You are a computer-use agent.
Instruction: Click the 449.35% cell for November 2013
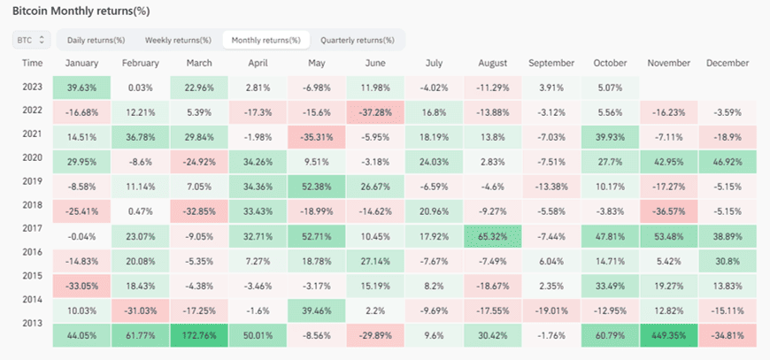click(668, 335)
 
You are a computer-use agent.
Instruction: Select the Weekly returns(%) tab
click(178, 40)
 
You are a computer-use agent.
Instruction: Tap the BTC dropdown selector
click(31, 40)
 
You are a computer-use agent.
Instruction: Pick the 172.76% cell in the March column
click(199, 335)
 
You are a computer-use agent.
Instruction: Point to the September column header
click(551, 64)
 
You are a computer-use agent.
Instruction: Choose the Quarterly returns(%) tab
click(358, 40)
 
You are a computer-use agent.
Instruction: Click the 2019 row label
click(33, 181)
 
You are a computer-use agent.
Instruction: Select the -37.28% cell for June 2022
click(375, 112)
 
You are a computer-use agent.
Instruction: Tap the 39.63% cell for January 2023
click(82, 88)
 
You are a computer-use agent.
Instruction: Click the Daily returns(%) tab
click(96, 40)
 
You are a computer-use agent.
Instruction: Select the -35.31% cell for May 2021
click(317, 138)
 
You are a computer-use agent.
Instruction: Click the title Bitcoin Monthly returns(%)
click(81, 11)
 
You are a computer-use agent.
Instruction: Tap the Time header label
click(33, 64)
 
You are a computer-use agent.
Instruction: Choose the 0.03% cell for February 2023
click(141, 88)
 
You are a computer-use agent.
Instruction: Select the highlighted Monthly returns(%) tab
click(266, 40)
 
